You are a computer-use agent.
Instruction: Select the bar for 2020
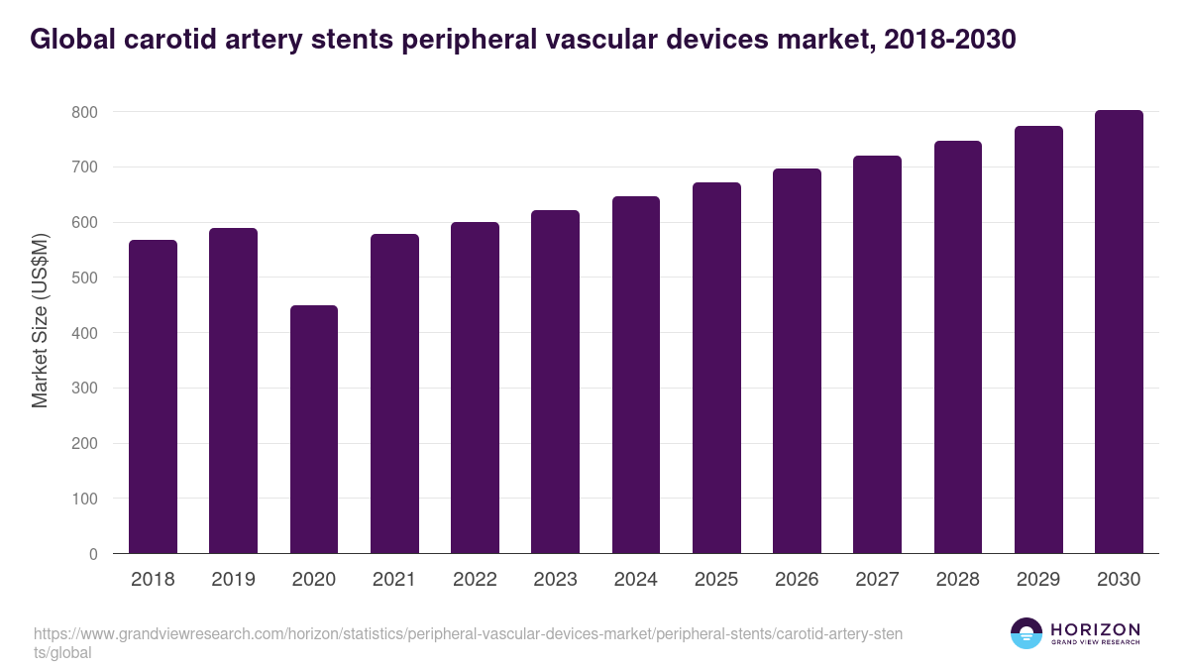pos(314,429)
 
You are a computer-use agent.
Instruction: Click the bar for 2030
pos(1119,332)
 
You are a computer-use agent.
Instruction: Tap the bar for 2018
pos(153,396)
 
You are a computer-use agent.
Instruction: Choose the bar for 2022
pos(475,388)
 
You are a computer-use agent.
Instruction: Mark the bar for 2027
pos(877,355)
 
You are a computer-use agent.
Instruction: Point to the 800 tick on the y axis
pos(84,113)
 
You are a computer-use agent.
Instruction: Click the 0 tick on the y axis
pos(93,554)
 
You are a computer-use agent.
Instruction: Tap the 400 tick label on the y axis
pos(84,333)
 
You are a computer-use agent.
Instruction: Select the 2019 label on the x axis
pos(233,580)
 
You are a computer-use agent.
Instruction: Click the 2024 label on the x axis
pos(635,580)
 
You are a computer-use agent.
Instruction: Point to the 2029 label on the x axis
pos(1038,580)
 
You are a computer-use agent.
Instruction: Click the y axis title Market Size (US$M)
pos(40,320)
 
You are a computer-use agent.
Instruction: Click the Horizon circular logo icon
pos(1027,634)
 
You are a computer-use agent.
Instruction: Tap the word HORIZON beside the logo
pos(1095,629)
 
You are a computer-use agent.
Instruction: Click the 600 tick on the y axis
pos(84,223)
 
